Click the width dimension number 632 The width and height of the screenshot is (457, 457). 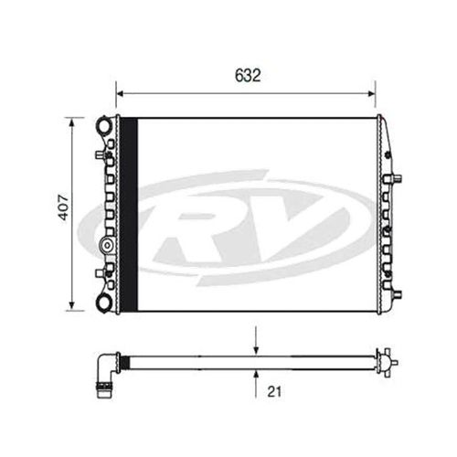click(x=246, y=77)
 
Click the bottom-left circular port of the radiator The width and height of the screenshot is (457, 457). click(x=106, y=302)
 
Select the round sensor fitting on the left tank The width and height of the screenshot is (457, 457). click(x=107, y=246)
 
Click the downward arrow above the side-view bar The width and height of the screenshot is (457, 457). click(x=257, y=353)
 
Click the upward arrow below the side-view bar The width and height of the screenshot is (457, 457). click(x=257, y=373)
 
